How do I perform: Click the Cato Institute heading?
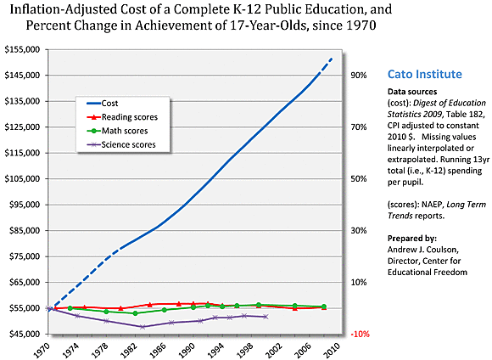click(427, 74)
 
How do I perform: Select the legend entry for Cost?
click(109, 102)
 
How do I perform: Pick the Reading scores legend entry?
click(127, 116)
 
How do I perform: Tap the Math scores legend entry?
click(124, 131)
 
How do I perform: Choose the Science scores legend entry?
click(128, 145)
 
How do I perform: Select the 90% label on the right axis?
click(358, 76)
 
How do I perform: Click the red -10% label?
click(359, 335)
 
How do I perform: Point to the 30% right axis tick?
click(358, 231)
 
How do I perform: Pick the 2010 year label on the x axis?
click(333, 348)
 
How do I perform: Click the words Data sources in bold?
click(414, 91)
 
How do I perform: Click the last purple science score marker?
click(266, 317)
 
